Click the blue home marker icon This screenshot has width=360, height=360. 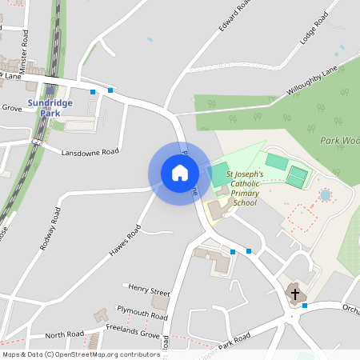coord(180,172)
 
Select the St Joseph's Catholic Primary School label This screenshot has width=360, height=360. coord(244,188)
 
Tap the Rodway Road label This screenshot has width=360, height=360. coord(50,230)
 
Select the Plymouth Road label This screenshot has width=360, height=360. coord(142,312)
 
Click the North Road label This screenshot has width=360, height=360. coord(64,335)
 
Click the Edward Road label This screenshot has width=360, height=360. coord(236,17)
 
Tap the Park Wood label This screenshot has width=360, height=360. coord(341,141)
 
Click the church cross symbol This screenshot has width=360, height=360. coord(294,294)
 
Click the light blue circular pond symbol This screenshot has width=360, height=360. coord(325,194)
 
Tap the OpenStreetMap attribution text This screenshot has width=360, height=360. coord(81,354)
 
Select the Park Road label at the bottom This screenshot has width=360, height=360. coord(234,342)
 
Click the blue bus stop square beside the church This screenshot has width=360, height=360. coord(305,305)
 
